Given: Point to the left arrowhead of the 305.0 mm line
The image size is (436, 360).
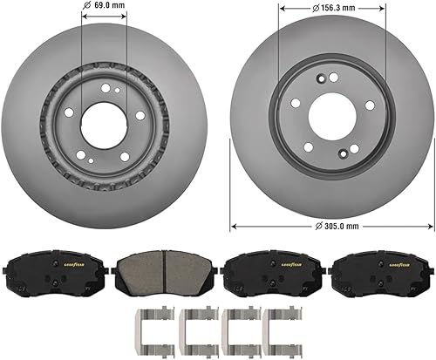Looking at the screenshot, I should pos(233,226).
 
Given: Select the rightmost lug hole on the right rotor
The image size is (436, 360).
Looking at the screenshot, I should pos(370,105).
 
